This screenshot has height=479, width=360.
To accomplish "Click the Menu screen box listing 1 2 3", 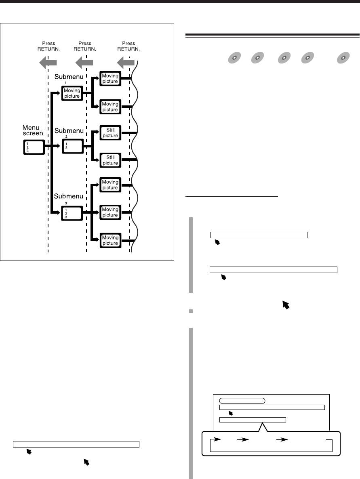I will click(32, 147).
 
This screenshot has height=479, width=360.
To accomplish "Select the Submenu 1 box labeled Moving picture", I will click(72, 93).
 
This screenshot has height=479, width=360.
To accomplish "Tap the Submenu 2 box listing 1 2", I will click(72, 146).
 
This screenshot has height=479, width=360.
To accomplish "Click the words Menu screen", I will click(33, 130).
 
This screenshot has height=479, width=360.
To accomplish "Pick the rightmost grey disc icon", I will click(343, 58).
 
